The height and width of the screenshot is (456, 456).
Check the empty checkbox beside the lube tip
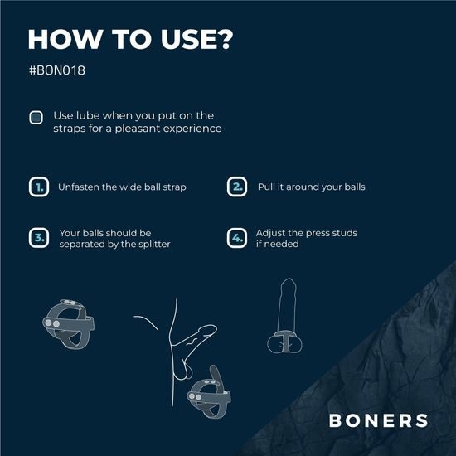coord(36,117)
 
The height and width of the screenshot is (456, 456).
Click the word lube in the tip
coord(87,115)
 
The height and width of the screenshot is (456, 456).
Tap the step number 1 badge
coord(38,187)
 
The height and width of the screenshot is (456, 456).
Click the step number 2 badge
coord(237,187)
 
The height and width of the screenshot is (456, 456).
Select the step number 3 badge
coord(38,239)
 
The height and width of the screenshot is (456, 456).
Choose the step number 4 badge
coord(237,239)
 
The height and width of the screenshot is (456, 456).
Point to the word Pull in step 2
coord(267,187)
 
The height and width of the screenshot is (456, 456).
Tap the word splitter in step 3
coord(153,245)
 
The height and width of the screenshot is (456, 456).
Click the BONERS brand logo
coord(378,420)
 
